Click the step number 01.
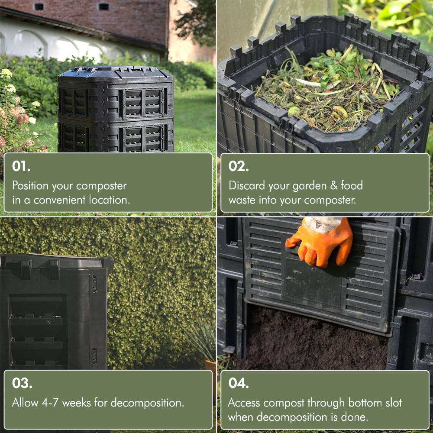pyautogui.click(x=21, y=167)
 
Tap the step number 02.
pyautogui.click(x=239, y=167)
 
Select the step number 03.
pyautogui.click(x=22, y=383)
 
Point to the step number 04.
pyautogui.click(x=239, y=383)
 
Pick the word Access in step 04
pyautogui.click(x=244, y=402)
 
